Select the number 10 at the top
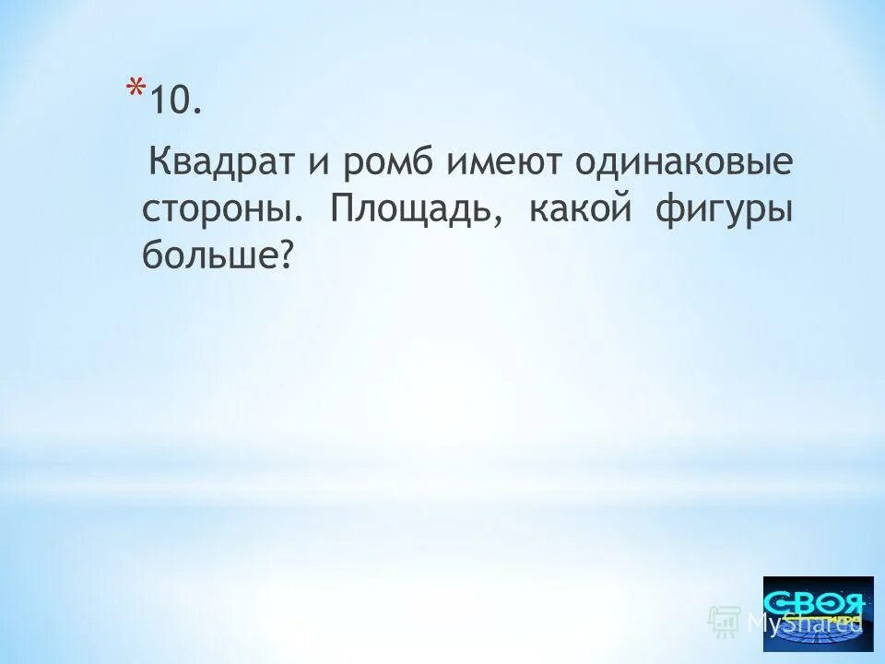pos(175,101)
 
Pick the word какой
pos(580,209)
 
